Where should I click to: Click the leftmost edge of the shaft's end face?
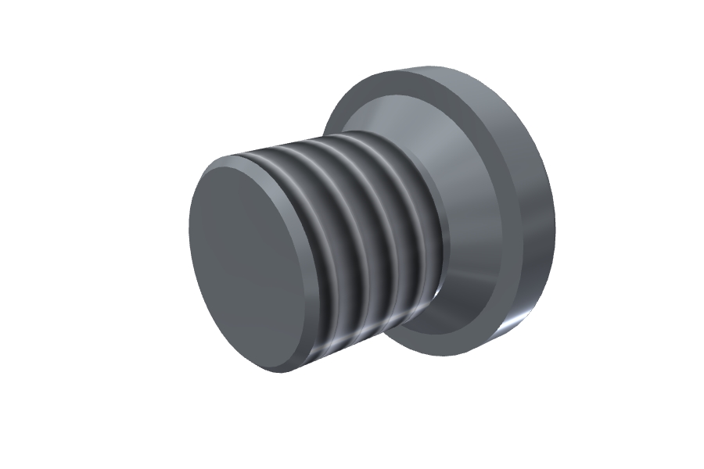coord(189,234)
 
